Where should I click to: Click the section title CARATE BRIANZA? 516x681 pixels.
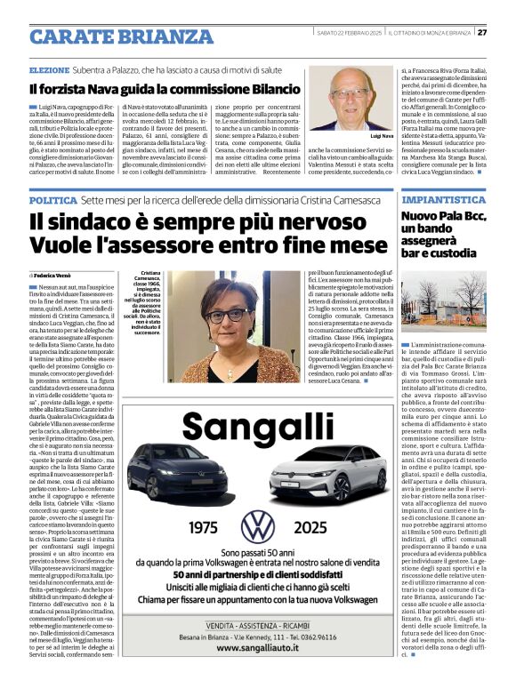113,36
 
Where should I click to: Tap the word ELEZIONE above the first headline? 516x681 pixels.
50,68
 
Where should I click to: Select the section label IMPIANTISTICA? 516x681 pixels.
441,202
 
